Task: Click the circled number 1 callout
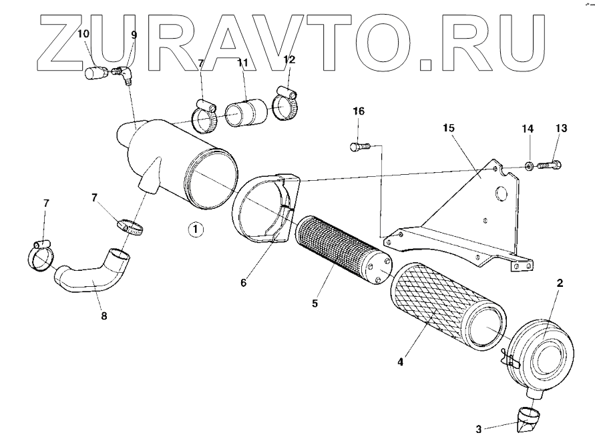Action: pos(194,230)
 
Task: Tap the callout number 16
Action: pos(359,111)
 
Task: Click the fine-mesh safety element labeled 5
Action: pos(341,250)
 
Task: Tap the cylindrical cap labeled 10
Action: pos(95,72)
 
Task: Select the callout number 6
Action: pos(244,283)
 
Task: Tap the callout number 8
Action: pos(104,317)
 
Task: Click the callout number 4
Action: pos(400,362)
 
